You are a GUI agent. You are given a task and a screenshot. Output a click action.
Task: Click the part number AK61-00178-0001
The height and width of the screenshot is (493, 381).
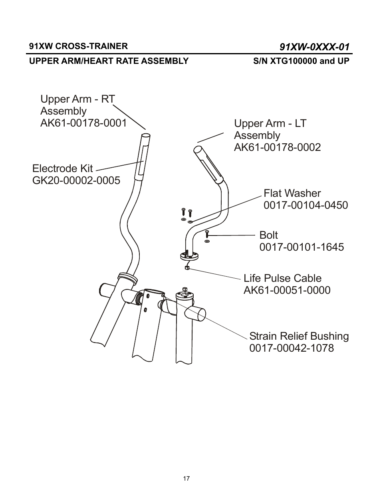click(83, 123)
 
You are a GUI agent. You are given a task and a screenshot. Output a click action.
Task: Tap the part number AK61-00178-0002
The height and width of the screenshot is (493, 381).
click(277, 147)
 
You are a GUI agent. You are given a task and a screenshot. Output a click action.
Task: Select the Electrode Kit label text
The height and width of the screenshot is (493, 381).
click(62, 168)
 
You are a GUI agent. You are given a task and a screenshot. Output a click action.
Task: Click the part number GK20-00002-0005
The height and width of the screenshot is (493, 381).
click(76, 180)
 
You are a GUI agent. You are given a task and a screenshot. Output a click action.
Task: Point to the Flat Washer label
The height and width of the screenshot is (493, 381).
click(292, 193)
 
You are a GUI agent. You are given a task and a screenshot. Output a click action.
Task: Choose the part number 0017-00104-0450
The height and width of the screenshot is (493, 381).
click(306, 205)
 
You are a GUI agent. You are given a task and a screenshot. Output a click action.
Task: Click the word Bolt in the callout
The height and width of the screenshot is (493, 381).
click(268, 235)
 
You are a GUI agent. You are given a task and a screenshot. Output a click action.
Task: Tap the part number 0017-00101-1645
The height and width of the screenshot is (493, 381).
click(302, 247)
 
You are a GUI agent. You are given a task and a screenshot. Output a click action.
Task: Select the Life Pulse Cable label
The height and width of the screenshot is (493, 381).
click(282, 278)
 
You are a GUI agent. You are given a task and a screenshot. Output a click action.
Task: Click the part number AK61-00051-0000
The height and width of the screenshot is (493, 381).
click(287, 290)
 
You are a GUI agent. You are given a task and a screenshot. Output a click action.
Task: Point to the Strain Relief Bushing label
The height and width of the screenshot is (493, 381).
click(299, 336)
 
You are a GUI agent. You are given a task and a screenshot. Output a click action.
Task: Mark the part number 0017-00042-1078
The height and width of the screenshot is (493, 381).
click(292, 348)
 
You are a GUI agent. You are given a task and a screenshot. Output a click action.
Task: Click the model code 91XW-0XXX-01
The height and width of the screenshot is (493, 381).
click(314, 47)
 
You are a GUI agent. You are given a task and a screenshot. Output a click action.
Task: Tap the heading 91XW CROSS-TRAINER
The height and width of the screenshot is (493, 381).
click(78, 46)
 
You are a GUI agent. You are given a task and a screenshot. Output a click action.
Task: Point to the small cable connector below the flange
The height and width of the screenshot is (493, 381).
click(187, 268)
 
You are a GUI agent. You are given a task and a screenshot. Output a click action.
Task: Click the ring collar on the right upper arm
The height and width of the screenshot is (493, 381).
click(126, 276)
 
